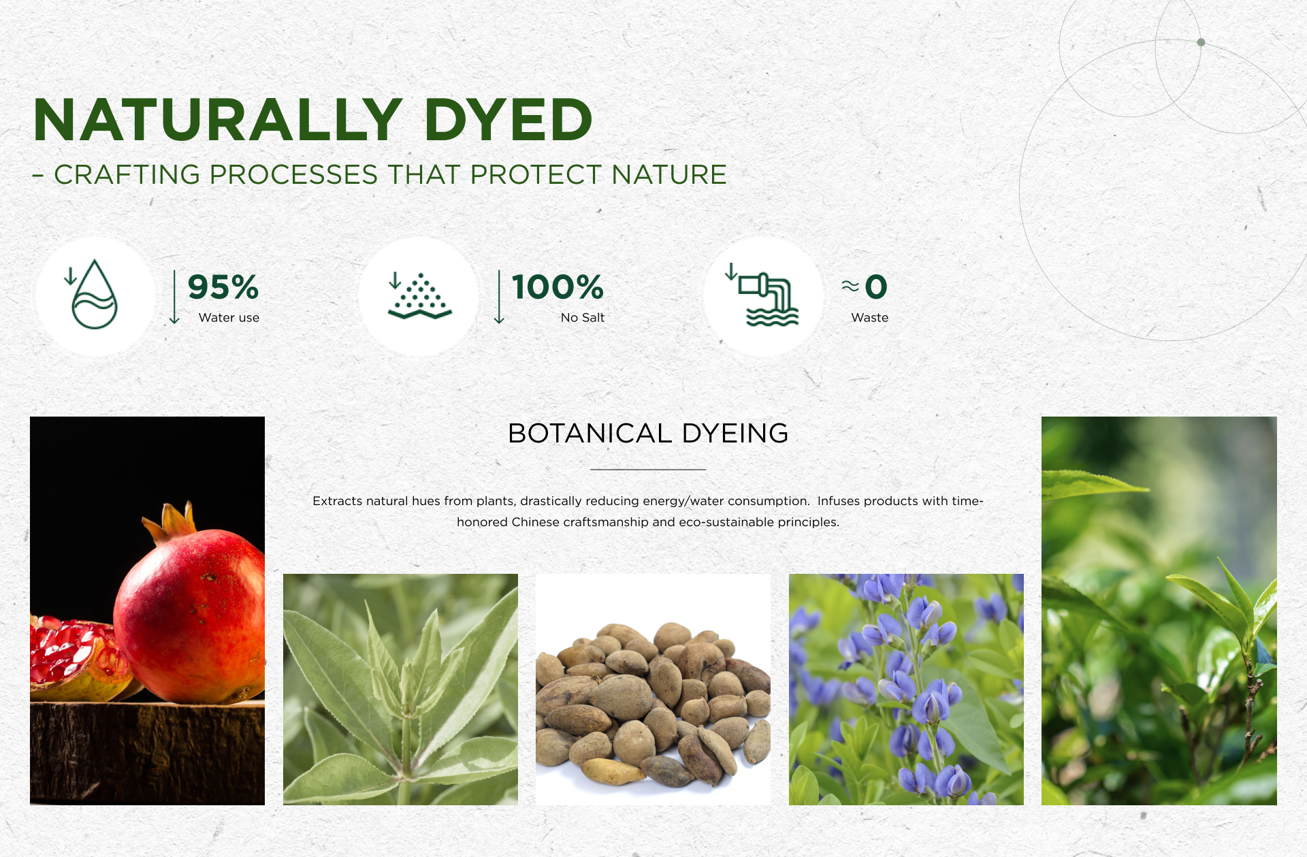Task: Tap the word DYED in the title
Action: [x=509, y=120]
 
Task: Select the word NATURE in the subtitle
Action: [x=669, y=175]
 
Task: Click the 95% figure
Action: [x=223, y=287]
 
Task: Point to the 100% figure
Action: [x=558, y=287]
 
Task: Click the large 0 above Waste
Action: [x=876, y=287]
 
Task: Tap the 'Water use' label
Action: [x=229, y=318]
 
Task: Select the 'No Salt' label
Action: [x=583, y=318]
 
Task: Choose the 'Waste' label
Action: [x=870, y=318]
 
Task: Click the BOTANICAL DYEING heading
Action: [x=648, y=434]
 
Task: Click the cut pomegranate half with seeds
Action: [x=75, y=658]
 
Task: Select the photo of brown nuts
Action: [x=653, y=690]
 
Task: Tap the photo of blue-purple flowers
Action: [x=906, y=690]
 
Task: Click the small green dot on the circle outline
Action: [x=1201, y=42]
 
